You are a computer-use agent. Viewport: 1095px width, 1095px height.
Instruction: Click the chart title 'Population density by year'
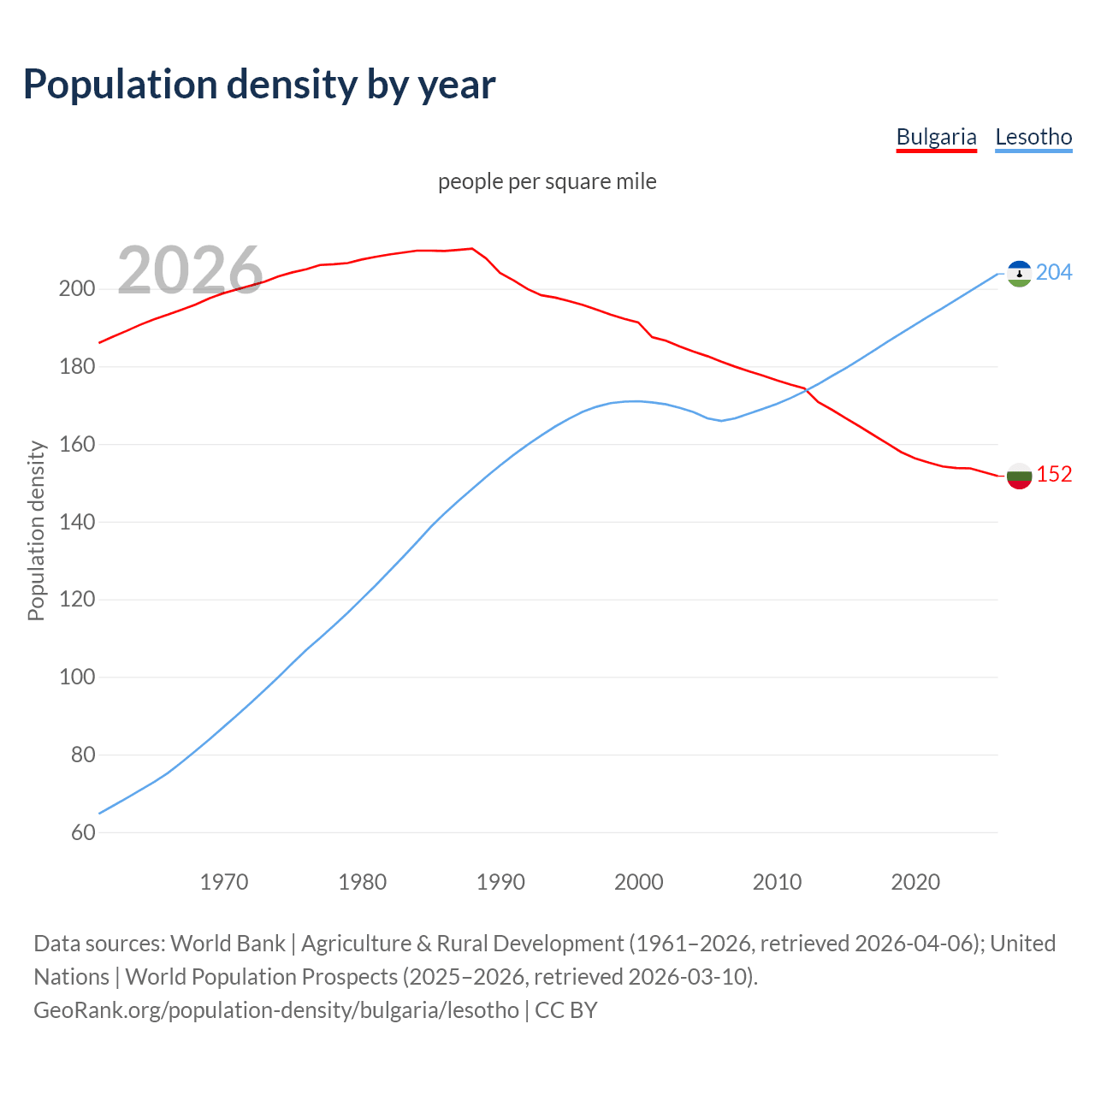259,85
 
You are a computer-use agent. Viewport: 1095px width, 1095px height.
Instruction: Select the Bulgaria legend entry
936,137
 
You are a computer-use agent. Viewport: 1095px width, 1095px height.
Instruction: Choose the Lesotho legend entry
1033,137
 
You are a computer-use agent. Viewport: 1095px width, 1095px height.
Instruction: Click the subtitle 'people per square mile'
547,181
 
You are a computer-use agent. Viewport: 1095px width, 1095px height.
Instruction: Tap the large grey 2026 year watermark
190,270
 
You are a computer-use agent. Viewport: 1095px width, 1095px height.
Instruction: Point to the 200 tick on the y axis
76,289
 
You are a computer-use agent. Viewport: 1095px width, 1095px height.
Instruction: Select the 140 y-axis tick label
76,522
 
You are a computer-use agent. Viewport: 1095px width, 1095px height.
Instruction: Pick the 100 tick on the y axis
76,678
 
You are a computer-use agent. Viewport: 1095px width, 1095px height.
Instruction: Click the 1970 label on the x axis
224,882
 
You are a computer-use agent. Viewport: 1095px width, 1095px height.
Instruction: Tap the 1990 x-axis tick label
500,882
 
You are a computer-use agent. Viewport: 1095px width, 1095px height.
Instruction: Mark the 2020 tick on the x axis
915,882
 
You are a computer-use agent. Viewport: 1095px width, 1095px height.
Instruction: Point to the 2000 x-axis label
639,882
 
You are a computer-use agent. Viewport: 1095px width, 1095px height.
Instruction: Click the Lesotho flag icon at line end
1019,274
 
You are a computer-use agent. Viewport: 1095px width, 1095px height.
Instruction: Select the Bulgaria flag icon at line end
1019,476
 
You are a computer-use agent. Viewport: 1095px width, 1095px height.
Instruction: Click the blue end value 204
1054,273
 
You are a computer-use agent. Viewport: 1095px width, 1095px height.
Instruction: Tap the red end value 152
1054,475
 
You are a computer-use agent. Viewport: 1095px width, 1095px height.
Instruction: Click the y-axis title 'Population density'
36,530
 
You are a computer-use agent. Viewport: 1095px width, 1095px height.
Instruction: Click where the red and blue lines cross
807,391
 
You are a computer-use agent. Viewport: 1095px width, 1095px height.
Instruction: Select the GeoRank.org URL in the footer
276,1010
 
